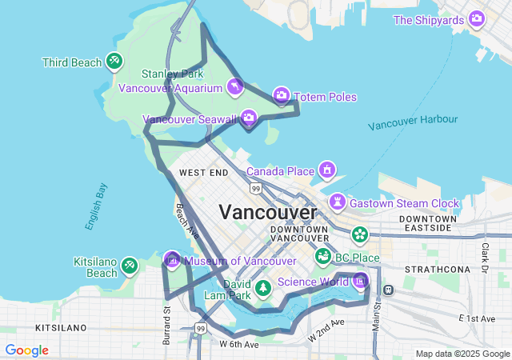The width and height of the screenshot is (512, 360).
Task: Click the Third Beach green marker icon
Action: pyautogui.click(x=114, y=60)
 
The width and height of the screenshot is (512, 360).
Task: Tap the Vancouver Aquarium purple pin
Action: pyautogui.click(x=234, y=86)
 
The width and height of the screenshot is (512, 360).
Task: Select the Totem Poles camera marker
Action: pyautogui.click(x=282, y=96)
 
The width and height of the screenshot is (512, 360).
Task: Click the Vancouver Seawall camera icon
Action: pyautogui.click(x=249, y=119)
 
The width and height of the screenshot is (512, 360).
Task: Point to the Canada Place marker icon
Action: pyautogui.click(x=326, y=170)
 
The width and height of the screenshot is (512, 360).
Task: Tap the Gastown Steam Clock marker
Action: pyautogui.click(x=338, y=202)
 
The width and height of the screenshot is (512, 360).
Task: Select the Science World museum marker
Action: pyautogui.click(x=360, y=281)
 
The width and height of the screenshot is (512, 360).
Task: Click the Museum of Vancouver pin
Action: pyautogui.click(x=172, y=260)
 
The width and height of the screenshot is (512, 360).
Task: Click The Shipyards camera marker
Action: pyautogui.click(x=477, y=18)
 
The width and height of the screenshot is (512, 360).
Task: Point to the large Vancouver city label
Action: pyautogui.click(x=268, y=212)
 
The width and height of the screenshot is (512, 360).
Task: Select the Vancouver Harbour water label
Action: pyautogui.click(x=414, y=122)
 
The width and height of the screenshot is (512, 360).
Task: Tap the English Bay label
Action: pyautogui.click(x=97, y=207)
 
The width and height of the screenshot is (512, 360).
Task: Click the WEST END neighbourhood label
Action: pyautogui.click(x=203, y=172)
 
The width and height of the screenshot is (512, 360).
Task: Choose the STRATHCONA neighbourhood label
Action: pyautogui.click(x=437, y=269)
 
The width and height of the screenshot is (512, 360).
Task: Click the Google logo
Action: pyautogui.click(x=26, y=350)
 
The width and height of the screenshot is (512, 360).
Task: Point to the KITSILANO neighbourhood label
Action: pyautogui.click(x=60, y=328)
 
